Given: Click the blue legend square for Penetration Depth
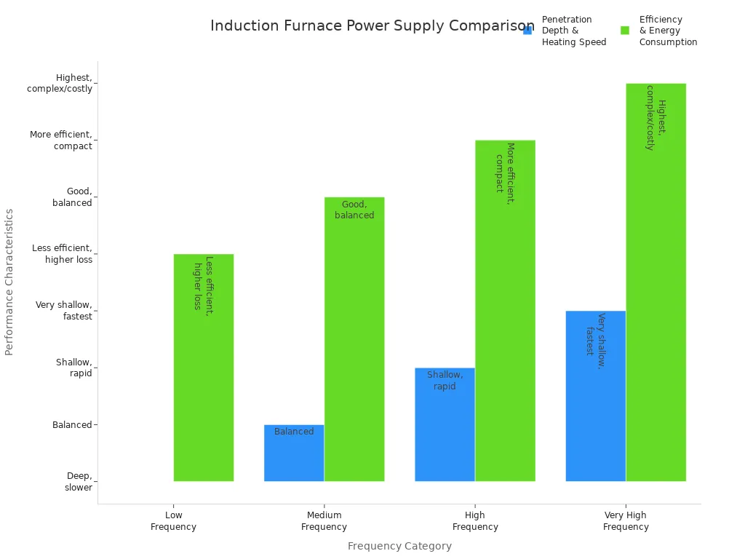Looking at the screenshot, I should (527, 31).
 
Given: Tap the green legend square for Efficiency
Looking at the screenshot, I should (625, 31).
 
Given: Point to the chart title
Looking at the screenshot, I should (372, 26).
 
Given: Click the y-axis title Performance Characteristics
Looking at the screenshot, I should (9, 282).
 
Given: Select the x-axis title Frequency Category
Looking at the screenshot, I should (399, 546).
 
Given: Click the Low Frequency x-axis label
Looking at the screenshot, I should (173, 521).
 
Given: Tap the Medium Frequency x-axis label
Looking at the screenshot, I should (324, 521).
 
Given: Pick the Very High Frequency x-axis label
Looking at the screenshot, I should (626, 521).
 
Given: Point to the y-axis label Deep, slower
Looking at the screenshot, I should (79, 482).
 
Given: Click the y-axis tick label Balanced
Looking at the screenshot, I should (72, 425).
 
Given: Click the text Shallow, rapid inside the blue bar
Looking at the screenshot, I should (445, 381).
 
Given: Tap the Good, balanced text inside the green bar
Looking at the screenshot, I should (354, 210).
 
